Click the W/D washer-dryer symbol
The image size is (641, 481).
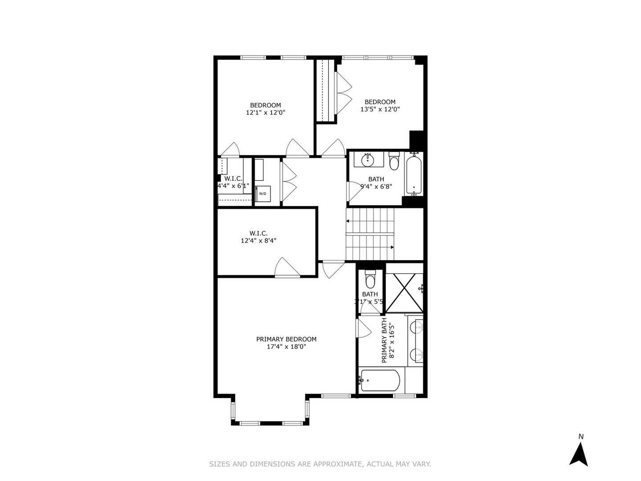[x=263, y=194]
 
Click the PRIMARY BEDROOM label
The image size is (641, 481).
[x=286, y=339]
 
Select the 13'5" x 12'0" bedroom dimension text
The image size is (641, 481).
[x=380, y=109]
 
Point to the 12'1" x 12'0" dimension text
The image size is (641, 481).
[x=265, y=113]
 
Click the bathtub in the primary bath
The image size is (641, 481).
[x=380, y=380]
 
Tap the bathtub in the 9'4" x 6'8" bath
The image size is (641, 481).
[x=414, y=174]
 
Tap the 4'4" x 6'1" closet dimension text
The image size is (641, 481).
[x=233, y=186]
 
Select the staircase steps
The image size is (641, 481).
[x=370, y=234]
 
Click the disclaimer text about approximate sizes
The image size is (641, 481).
[x=320, y=464]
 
